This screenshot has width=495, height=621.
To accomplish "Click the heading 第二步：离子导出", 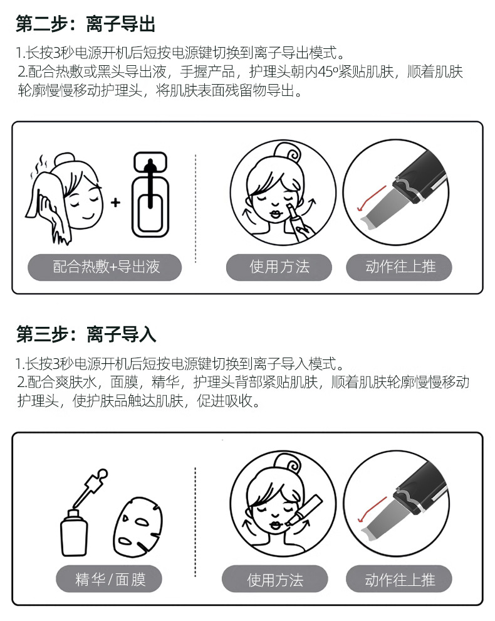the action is tap(85, 24).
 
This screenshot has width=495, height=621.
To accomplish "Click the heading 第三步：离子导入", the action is tap(86, 334).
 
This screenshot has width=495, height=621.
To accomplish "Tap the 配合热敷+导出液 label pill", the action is tap(105, 267).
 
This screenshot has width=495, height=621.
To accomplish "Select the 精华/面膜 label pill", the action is tap(109, 579).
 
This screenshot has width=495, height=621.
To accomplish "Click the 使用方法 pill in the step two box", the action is tap(279, 267).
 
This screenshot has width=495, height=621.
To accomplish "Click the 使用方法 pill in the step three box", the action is tap(275, 579).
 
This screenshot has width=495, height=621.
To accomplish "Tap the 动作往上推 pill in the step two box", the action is tap(399, 267).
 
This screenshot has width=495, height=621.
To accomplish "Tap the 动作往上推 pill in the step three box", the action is tap(399, 579).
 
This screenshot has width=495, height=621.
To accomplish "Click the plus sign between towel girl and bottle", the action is tap(115, 203).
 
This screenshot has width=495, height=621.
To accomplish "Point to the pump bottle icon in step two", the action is tap(150, 194).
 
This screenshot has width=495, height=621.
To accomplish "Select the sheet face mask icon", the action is tap(138, 527).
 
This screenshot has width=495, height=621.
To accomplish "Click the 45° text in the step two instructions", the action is tap(328, 72).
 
